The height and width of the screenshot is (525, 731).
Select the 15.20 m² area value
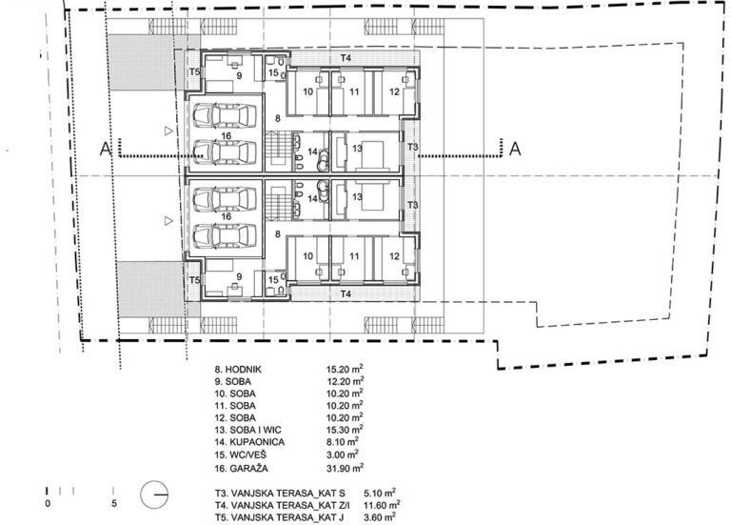tap(345, 369)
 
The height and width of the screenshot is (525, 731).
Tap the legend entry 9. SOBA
tap(232, 381)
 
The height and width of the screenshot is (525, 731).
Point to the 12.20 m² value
tap(345, 381)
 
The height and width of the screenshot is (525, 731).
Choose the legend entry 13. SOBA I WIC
tap(248, 430)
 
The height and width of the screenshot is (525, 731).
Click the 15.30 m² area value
tap(345, 430)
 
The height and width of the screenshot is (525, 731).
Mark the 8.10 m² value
tap(343, 441)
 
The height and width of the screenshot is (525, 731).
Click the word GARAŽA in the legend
tap(249, 468)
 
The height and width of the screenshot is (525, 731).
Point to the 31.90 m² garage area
tap(345, 468)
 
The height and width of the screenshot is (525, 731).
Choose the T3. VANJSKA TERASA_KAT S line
tap(280, 493)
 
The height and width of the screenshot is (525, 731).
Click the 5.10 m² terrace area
tap(380, 492)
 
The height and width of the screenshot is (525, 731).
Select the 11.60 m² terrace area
tap(383, 504)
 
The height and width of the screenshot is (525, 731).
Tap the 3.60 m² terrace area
tap(380, 516)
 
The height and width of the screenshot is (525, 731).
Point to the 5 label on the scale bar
tap(114, 504)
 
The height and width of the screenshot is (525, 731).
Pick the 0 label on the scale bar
tap(48, 504)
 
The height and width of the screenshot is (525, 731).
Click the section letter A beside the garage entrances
tap(106, 149)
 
